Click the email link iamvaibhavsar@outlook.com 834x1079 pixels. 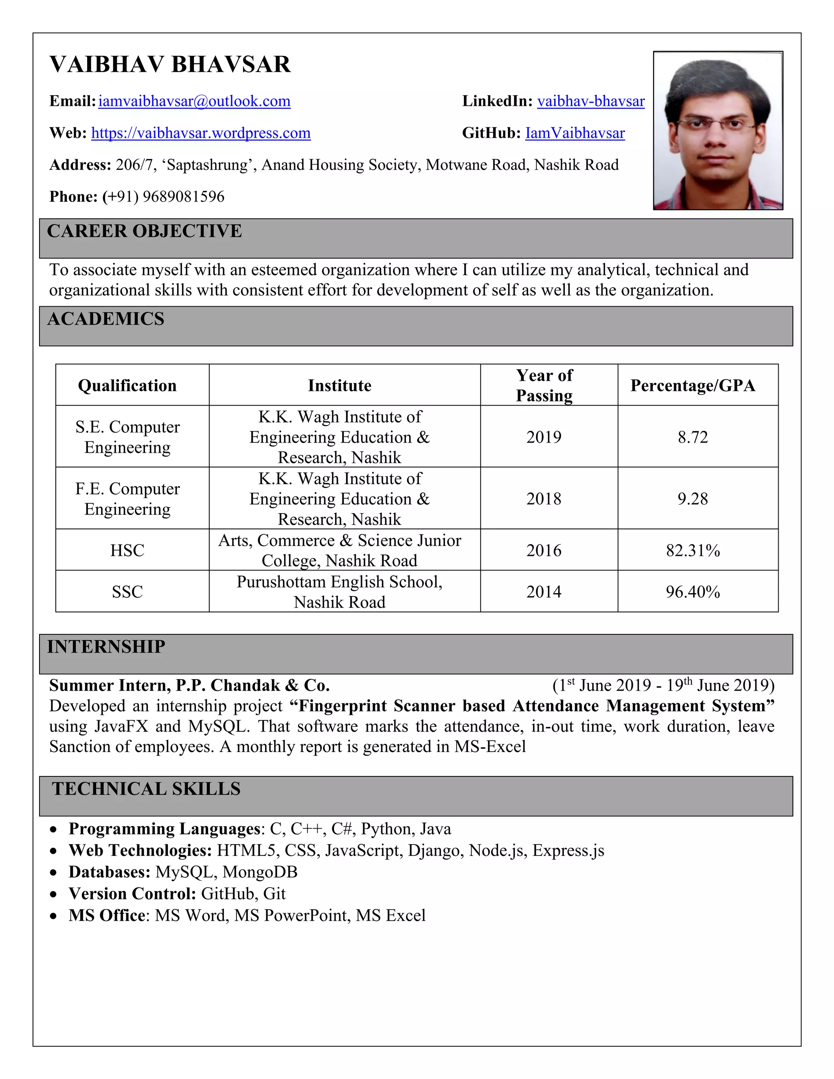tap(194, 101)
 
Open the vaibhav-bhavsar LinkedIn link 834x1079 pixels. tap(590, 101)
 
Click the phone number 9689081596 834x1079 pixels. tap(183, 197)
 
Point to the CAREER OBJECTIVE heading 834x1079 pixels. tap(144, 231)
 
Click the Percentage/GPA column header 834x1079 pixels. tap(692, 385)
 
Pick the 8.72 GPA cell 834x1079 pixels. tap(692, 437)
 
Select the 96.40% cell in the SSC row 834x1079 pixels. tap(692, 591)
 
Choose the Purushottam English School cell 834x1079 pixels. tap(340, 591)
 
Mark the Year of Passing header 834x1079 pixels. tap(544, 385)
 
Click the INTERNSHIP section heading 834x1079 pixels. tap(106, 647)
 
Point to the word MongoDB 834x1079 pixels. tap(260, 872)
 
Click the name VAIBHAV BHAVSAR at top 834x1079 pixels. tap(171, 65)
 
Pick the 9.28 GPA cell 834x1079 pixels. tap(692, 498)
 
